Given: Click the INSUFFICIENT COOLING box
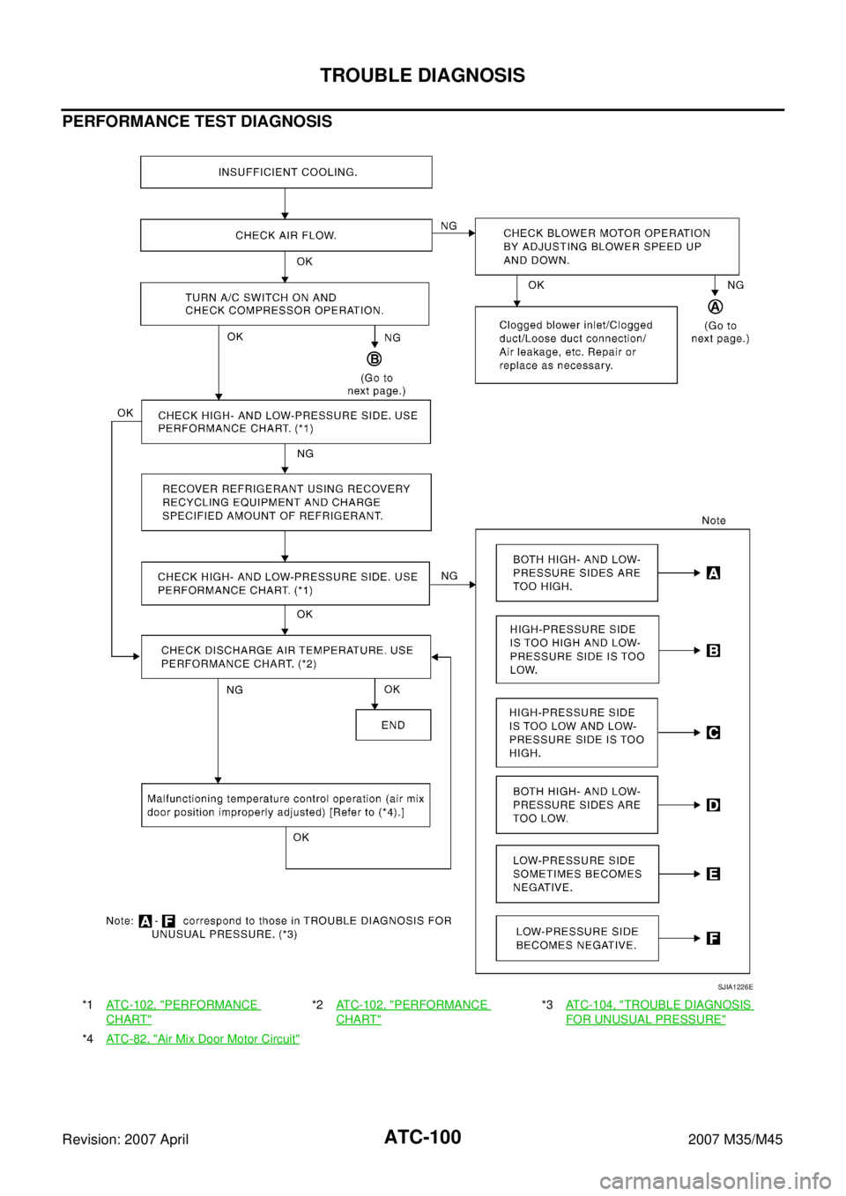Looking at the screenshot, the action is (x=286, y=172).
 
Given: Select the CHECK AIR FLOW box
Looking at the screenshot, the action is (x=286, y=235).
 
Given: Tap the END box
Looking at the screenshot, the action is (x=393, y=725).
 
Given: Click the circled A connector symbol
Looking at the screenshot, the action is (x=716, y=307).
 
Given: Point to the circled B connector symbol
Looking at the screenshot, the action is (x=375, y=358).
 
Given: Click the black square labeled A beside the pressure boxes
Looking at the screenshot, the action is (x=714, y=573).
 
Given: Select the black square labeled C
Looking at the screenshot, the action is (x=714, y=733).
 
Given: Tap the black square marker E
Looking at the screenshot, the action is (x=714, y=874).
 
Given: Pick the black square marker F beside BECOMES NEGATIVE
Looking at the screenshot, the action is (x=714, y=938).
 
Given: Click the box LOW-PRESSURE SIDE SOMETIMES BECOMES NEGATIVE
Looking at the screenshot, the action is (x=577, y=874).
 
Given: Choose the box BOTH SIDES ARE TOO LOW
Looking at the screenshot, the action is (x=577, y=805).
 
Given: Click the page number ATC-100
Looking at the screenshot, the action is (x=422, y=1137).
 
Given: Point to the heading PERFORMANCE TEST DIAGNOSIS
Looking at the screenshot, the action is (x=197, y=122).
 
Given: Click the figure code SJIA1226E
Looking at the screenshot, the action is (x=735, y=987).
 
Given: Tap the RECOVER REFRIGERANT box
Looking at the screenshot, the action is (x=286, y=502).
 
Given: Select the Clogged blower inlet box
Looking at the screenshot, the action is (x=576, y=345).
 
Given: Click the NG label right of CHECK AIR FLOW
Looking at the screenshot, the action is (x=449, y=225).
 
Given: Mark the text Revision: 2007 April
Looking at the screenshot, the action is (x=125, y=1140).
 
